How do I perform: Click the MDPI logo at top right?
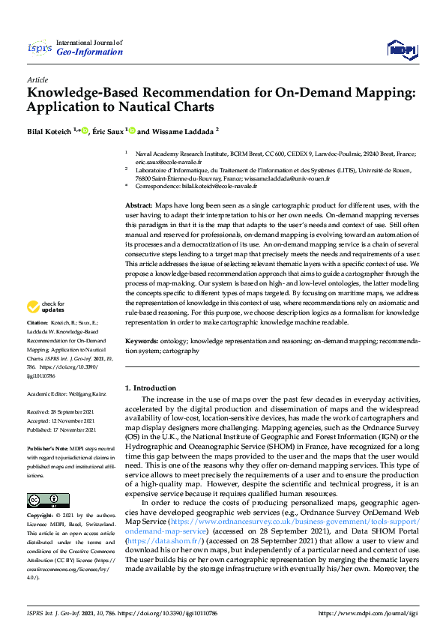[400, 49]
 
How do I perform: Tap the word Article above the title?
[37, 79]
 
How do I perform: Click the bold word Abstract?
[139, 205]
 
